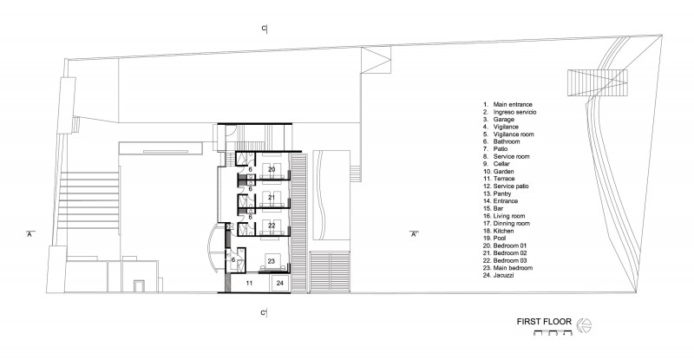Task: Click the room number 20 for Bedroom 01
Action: (x=272, y=170)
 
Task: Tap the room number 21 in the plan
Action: (x=272, y=198)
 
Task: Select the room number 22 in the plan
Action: (x=272, y=226)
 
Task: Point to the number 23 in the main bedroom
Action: (x=272, y=261)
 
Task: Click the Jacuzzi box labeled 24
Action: (x=279, y=283)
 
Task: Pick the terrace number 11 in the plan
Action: (x=249, y=283)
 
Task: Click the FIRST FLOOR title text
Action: (x=544, y=322)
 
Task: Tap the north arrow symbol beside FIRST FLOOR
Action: (x=584, y=325)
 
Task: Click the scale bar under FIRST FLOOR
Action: (x=553, y=332)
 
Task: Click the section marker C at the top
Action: (x=265, y=29)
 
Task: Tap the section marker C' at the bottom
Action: (x=264, y=313)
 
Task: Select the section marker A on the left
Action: (x=30, y=234)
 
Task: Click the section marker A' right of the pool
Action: (x=414, y=234)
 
